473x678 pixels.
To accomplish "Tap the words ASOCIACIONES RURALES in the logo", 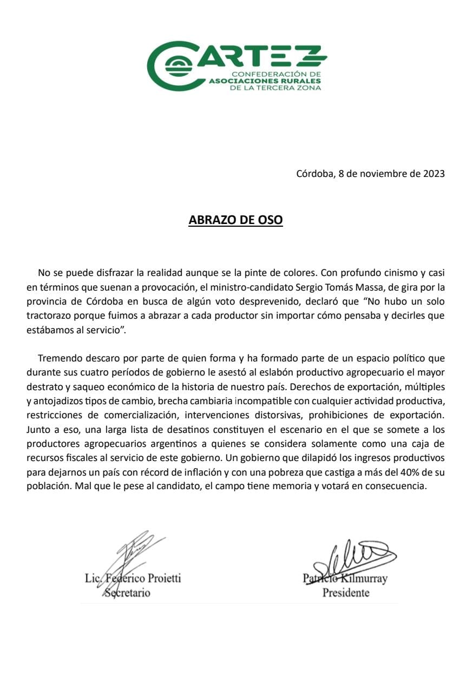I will pos(265,80).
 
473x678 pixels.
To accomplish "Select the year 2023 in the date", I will pos(433,174).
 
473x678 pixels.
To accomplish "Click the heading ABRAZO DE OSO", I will pos(235,220).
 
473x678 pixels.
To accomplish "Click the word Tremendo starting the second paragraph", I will pos(59,358).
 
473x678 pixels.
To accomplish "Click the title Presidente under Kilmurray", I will pos(346,593).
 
